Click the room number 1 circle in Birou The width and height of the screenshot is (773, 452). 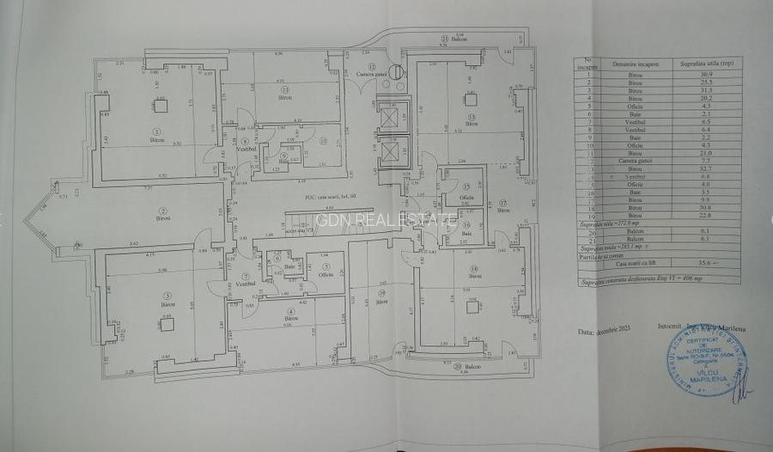155,131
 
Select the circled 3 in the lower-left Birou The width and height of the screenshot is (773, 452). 165,295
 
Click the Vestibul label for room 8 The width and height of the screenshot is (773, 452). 244,149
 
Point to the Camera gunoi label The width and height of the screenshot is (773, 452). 372,75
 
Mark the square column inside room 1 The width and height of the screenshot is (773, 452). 160,107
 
